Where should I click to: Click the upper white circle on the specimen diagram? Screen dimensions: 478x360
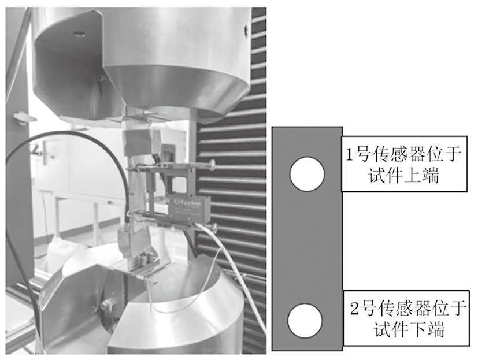tap(307, 174)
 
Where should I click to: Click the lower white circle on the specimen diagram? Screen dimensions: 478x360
tap(305, 320)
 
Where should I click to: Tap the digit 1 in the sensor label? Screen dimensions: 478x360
tap(350, 154)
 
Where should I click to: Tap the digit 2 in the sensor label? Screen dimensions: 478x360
tap(354, 308)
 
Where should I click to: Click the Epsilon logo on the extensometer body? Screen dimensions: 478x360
tap(187, 202)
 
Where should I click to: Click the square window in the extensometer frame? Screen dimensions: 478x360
tap(179, 185)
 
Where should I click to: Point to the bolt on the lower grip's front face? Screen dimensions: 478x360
tap(107, 304)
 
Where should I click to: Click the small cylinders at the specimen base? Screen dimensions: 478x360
tap(146, 259)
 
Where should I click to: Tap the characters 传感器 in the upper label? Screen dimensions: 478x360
tap(399, 154)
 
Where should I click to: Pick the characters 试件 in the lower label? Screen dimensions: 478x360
tap(391, 329)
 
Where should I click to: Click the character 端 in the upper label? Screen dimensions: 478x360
tap(430, 176)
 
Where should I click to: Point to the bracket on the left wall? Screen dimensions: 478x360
tap(24, 118)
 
